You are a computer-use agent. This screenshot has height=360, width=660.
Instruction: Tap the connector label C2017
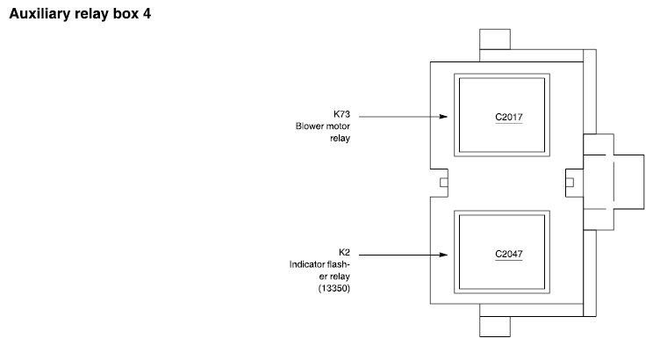point(509,116)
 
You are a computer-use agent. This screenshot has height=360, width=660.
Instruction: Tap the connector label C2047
point(509,255)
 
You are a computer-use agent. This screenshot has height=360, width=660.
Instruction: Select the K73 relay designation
point(341,113)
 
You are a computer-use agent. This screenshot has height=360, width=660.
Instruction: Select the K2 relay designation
point(344,252)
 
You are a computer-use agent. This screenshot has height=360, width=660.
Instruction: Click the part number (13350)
point(335,289)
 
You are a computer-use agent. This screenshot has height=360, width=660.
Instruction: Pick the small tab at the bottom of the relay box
point(494,325)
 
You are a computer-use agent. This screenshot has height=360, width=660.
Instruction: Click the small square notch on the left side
point(443,183)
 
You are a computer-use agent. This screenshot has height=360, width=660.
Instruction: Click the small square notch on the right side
point(570,183)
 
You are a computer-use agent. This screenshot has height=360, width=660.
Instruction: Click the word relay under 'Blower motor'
point(340,138)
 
